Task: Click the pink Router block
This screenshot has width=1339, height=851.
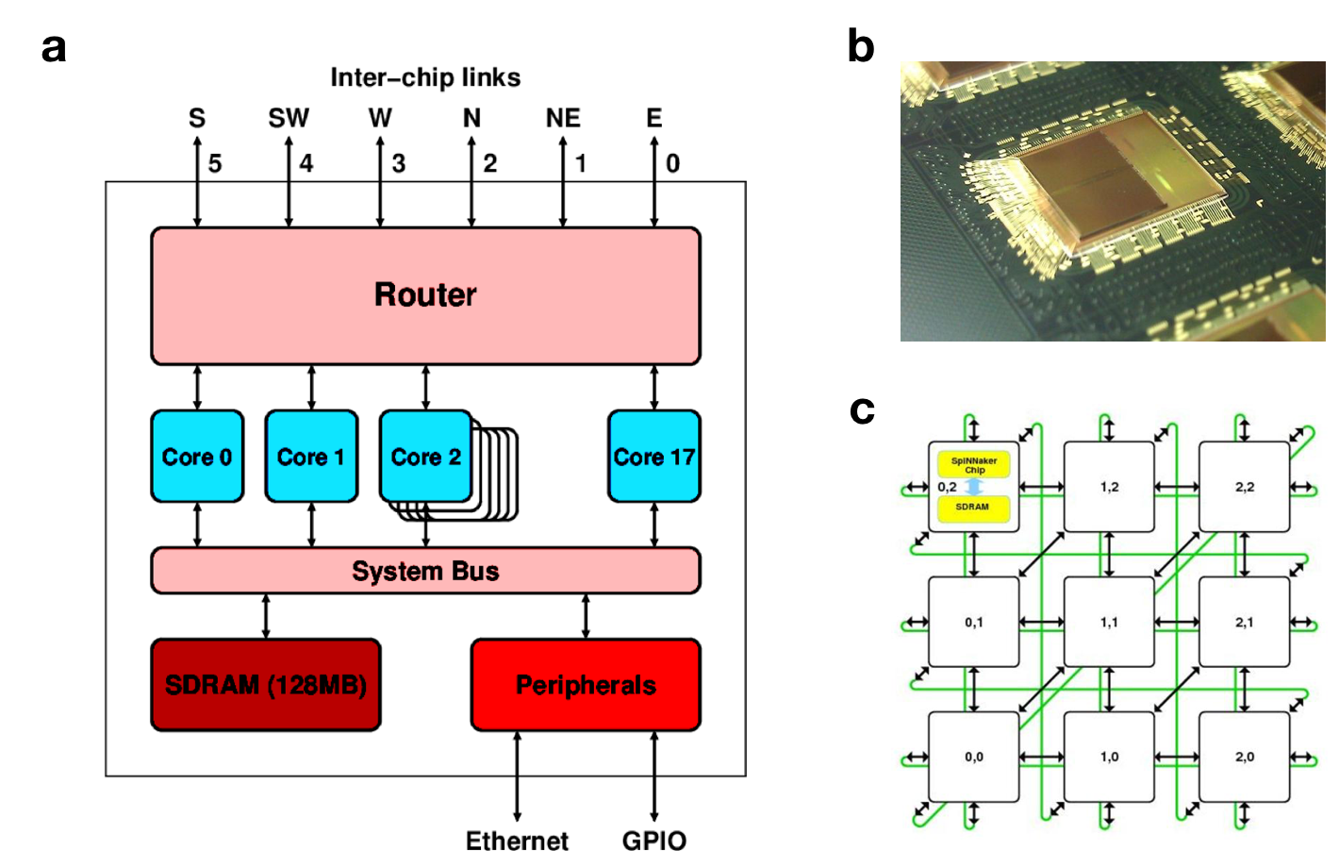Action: click(425, 295)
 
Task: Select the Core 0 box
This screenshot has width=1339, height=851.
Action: click(197, 456)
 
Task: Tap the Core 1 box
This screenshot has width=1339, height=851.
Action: click(311, 456)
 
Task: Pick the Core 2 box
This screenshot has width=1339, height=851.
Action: click(425, 456)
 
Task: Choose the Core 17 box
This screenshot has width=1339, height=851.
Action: click(653, 456)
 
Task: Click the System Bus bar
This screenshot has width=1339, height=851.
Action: click(425, 571)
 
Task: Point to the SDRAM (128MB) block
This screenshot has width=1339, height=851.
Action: click(265, 684)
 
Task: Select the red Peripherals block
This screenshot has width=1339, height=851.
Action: click(586, 684)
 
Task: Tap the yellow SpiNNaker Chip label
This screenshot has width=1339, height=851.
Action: click(973, 465)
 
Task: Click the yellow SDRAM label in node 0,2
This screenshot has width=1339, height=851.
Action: click(973, 508)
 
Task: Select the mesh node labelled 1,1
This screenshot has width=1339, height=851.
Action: click(1109, 622)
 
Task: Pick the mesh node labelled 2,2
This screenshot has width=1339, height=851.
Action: click(1244, 487)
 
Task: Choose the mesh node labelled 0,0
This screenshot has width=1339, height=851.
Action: click(973, 757)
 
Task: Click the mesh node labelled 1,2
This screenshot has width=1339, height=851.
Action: click(1109, 487)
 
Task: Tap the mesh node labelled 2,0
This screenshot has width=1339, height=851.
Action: click(1244, 757)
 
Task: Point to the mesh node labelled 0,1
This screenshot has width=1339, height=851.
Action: click(973, 622)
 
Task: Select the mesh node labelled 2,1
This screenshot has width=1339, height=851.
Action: click(1244, 622)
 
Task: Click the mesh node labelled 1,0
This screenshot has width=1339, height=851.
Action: click(1109, 757)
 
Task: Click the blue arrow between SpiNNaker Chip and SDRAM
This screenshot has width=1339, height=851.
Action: click(974, 487)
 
